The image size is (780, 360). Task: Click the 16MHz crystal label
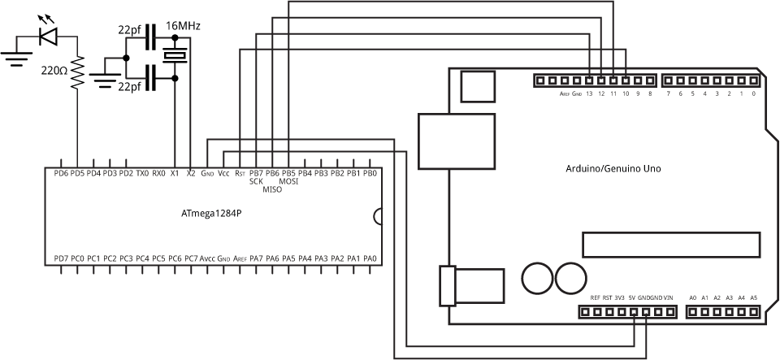[183, 26]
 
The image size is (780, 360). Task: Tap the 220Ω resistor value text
[54, 71]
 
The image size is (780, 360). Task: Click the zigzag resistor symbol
[78, 72]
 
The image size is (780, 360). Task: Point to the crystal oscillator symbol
[175, 55]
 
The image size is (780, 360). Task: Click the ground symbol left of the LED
[14, 56]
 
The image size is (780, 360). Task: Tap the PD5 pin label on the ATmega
[77, 173]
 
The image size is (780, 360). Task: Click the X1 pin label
[174, 173]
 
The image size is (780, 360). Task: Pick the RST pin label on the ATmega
[240, 173]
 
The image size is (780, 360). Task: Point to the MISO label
[272, 189]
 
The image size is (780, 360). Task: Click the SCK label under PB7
[256, 181]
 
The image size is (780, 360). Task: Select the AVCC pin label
[208, 258]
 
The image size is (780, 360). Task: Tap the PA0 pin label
[370, 258]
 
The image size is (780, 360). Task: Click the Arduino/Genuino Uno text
[613, 169]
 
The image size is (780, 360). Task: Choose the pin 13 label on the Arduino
[588, 94]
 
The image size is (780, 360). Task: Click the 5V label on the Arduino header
[632, 298]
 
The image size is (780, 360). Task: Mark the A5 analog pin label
[753, 298]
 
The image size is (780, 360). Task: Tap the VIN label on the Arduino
[669, 298]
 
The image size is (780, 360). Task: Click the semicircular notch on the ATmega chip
[378, 216]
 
